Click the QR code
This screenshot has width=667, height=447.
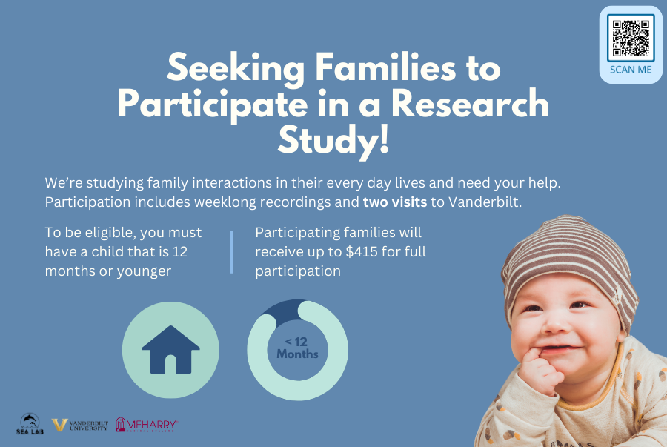(631, 38)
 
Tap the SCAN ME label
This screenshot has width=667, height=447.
(631, 70)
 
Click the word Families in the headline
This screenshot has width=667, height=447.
(386, 68)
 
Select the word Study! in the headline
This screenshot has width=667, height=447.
(333, 140)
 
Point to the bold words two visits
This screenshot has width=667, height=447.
(395, 202)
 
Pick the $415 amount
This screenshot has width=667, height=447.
(361, 252)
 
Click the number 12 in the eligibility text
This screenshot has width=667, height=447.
(179, 252)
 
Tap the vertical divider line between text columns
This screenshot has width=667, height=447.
(231, 252)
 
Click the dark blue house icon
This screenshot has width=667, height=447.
(170, 350)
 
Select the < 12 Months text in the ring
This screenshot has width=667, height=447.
(297, 348)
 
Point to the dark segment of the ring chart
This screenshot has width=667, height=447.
(284, 311)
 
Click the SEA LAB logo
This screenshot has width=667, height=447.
(30, 424)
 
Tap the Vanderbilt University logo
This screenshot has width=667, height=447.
(80, 425)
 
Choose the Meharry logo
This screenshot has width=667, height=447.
(147, 425)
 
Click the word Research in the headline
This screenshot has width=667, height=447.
(470, 105)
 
